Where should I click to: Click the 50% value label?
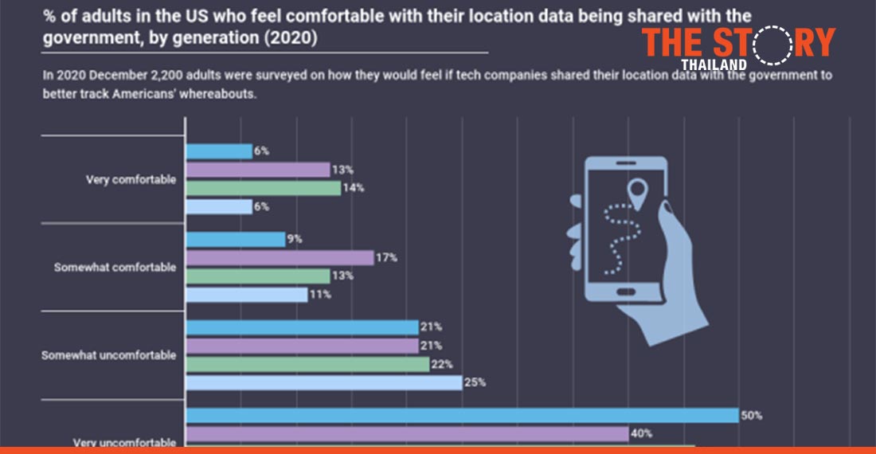(751, 415)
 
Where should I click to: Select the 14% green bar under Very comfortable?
(263, 188)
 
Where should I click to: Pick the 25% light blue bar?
(323, 382)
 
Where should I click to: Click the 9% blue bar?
(235, 239)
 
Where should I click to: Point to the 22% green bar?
(307, 364)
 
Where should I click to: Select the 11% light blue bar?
(246, 294)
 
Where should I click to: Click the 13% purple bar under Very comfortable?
(257, 170)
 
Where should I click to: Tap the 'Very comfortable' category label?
(131, 180)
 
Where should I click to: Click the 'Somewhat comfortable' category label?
(115, 268)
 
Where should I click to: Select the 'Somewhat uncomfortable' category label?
(108, 355)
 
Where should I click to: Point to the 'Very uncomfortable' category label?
(124, 442)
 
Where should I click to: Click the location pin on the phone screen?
(636, 192)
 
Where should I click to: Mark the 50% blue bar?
(462, 415)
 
